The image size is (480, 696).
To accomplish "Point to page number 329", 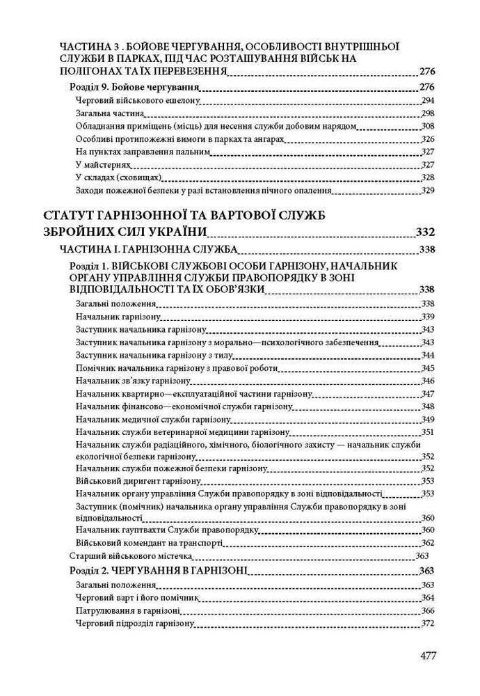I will (x=428, y=189).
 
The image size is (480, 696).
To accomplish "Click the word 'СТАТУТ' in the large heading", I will (x=76, y=214).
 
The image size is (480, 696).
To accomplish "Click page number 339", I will (x=428, y=317).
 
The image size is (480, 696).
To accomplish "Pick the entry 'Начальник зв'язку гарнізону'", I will (x=124, y=381).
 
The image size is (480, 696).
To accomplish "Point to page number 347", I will (x=428, y=394).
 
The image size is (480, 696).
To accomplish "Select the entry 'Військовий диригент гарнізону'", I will (x=125, y=481).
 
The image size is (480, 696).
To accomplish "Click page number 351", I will (x=428, y=432).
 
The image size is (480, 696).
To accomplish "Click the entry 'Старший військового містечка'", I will (x=131, y=556).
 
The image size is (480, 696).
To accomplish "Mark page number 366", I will (x=428, y=610).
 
